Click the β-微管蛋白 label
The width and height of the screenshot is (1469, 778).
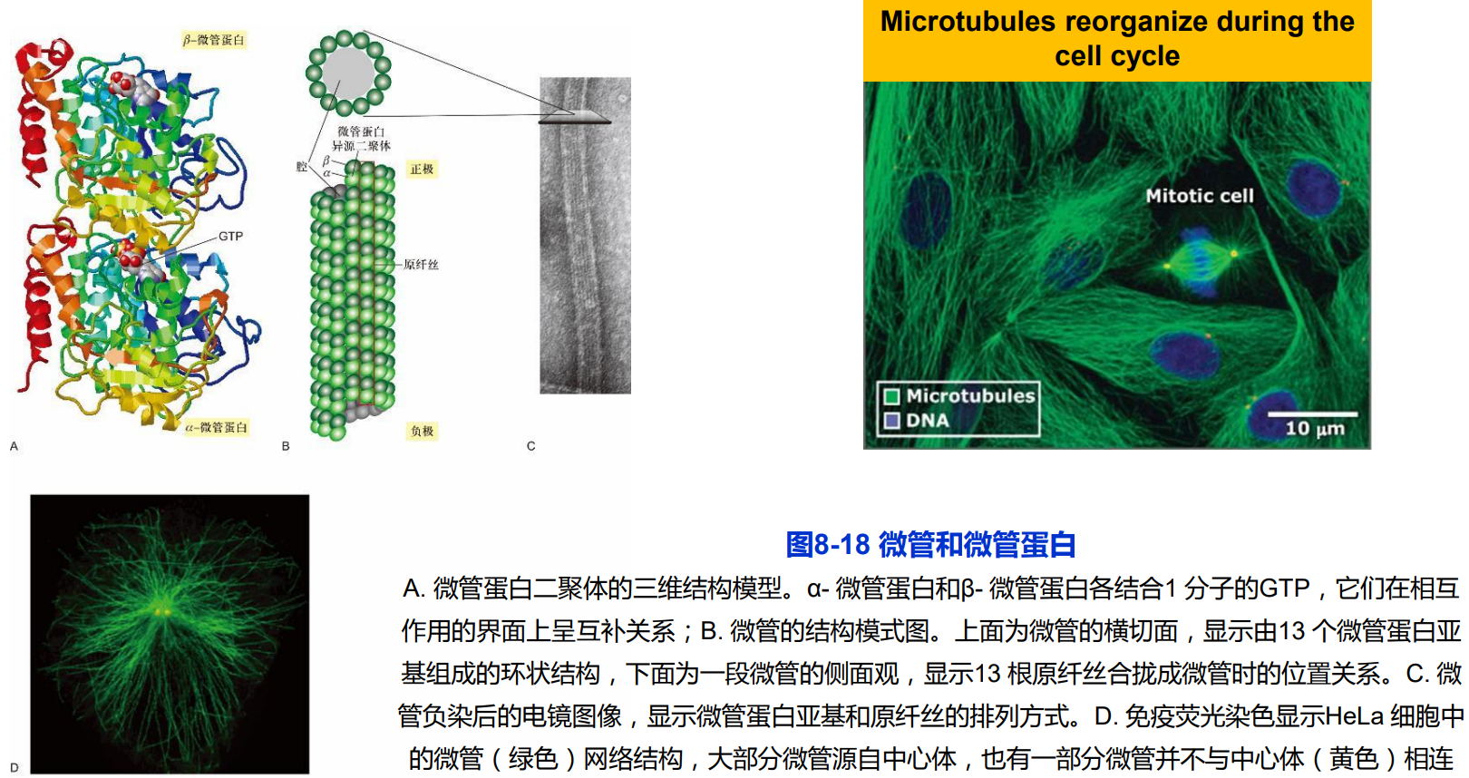(x=214, y=40)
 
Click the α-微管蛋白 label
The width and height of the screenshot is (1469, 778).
(x=217, y=427)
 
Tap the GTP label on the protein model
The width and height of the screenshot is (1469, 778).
(x=230, y=237)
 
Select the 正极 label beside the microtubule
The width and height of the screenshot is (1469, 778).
(x=422, y=170)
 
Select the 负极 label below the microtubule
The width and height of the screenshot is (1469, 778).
(x=422, y=432)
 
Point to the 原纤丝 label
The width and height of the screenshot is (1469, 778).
(x=421, y=265)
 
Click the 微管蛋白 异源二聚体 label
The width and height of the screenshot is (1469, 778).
(x=361, y=139)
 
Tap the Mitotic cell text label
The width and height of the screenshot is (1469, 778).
(x=1199, y=196)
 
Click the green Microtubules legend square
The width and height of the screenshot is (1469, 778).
(x=892, y=396)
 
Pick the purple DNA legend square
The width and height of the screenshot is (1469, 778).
(x=892, y=421)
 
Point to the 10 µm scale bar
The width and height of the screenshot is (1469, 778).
(x=1312, y=414)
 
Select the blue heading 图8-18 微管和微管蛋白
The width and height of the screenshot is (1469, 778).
(x=930, y=544)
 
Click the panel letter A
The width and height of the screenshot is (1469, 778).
(x=14, y=446)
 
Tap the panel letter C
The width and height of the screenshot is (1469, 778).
(x=531, y=446)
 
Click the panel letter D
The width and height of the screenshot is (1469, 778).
(x=14, y=767)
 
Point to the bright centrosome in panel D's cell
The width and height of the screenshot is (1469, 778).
(x=162, y=612)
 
